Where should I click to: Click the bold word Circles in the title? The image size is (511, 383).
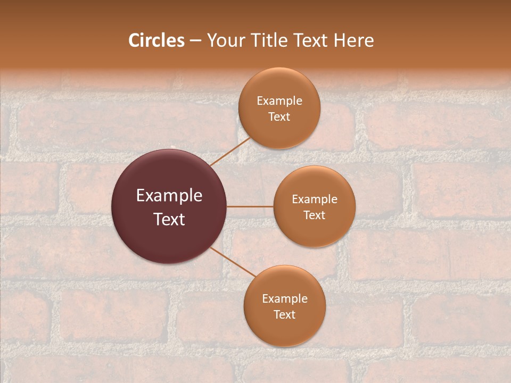156,40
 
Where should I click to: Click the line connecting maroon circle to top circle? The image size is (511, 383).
230,152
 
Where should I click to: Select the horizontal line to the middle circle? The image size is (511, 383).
250,206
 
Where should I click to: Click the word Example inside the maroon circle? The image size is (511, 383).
169,196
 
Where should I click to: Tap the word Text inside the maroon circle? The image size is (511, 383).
169,219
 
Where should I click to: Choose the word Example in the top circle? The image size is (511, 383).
279,101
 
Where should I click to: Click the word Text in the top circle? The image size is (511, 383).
279,116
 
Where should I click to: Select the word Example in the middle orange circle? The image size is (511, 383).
315,199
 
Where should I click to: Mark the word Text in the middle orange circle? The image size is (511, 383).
315,215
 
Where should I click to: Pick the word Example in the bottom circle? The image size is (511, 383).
285,299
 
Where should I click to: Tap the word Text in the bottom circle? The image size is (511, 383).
285,314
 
